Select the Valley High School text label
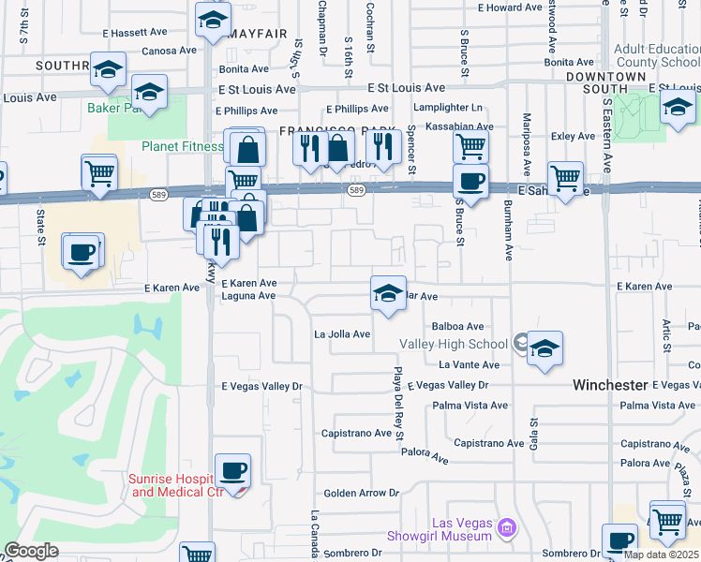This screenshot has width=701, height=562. pyautogui.click(x=455, y=344)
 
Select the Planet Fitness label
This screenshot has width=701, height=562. pyautogui.click(x=182, y=146)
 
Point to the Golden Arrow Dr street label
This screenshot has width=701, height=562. pyautogui.click(x=361, y=493)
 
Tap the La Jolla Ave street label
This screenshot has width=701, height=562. pyautogui.click(x=341, y=333)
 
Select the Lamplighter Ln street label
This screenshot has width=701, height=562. pyautogui.click(x=451, y=108)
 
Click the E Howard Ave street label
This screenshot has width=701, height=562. pyautogui.click(x=510, y=7)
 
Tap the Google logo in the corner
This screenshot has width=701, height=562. pyautogui.click(x=31, y=551)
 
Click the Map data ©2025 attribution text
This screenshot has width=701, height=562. pyautogui.click(x=660, y=555)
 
